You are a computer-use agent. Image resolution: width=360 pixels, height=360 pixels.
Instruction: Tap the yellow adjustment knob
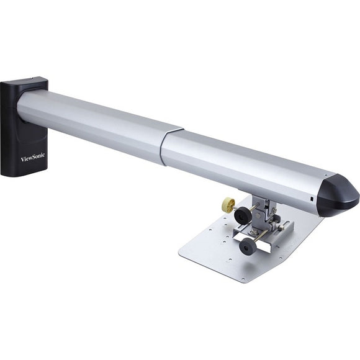(228, 204)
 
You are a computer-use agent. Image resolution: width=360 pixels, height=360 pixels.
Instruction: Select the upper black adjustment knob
(242, 216)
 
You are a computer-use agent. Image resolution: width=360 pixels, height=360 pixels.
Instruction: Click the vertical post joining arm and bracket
(263, 202)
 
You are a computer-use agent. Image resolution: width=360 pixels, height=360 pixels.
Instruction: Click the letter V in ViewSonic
(23, 160)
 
